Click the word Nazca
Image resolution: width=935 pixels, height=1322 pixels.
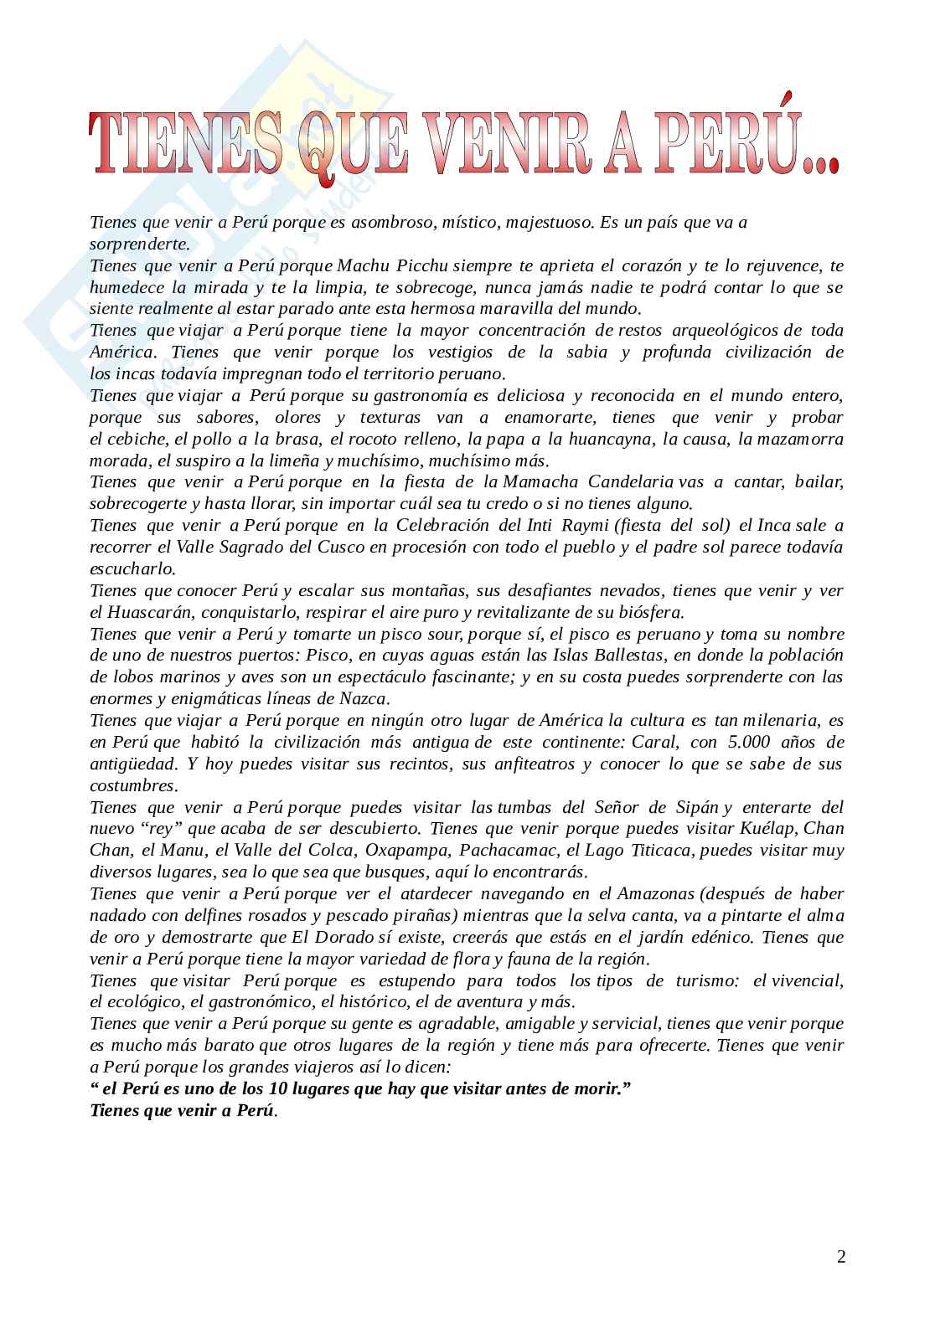click(365, 698)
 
